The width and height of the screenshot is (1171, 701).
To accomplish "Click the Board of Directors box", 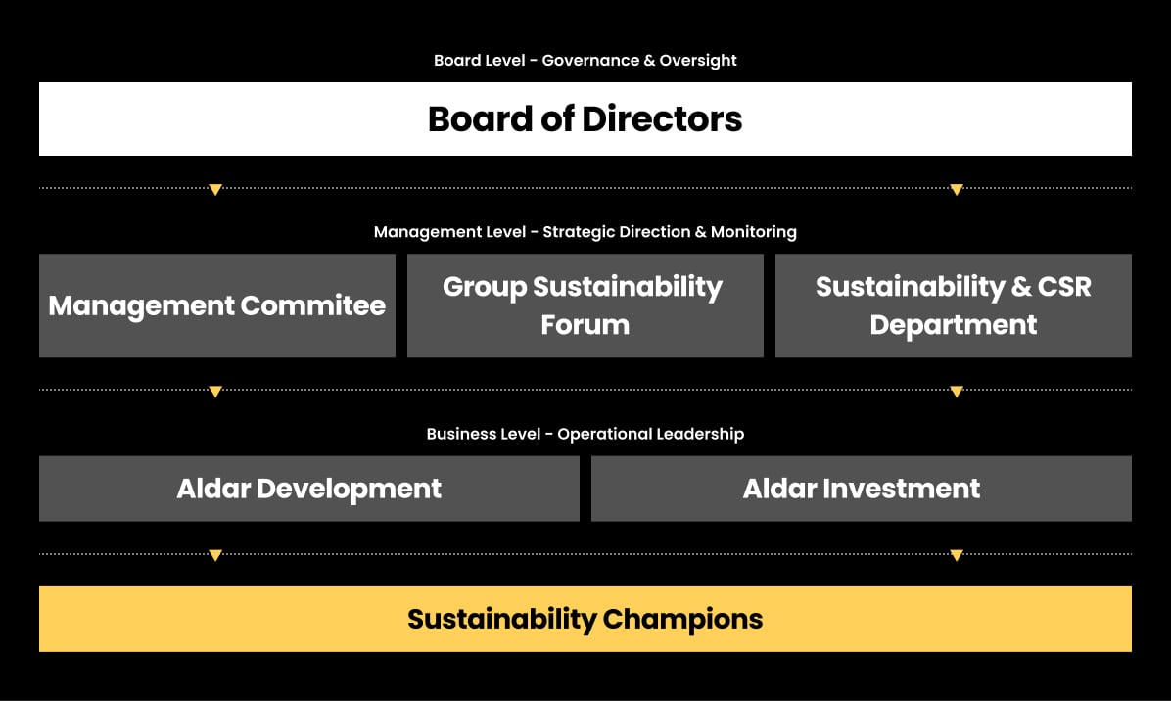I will pos(585,119).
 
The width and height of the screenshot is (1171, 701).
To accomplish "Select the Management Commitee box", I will pos(216,305).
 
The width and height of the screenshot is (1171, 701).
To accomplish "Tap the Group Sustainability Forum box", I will pos(585,305).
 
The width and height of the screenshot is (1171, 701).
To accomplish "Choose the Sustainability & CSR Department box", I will pos(953,305).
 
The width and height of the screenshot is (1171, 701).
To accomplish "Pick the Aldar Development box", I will pos(308,489).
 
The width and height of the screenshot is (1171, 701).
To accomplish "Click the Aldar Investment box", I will pos(861,489).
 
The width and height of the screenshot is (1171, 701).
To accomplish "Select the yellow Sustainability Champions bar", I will pos(585,619).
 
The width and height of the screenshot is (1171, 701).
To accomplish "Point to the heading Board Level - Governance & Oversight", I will pos(585,61).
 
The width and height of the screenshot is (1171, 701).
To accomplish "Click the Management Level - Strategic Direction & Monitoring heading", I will pos(585,232).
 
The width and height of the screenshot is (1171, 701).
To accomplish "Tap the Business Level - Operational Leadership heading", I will pos(585,434).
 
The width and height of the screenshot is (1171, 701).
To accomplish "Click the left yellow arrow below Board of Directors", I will pos(215,189).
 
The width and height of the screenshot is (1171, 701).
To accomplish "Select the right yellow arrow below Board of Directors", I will pos(957,189).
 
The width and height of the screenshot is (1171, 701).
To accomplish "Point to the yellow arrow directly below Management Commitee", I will pos(215,392).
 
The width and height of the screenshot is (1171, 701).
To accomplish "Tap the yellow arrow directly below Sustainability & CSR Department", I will pos(957,392).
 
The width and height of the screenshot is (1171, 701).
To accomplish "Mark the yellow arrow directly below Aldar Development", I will pos(215,555).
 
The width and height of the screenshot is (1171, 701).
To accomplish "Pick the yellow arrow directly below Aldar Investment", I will pos(957,555).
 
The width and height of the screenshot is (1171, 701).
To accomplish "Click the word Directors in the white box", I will pos(662,119).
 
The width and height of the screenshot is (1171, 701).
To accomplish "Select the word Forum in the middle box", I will pos(585,324).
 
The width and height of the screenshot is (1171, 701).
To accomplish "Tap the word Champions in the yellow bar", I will pos(682,619).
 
